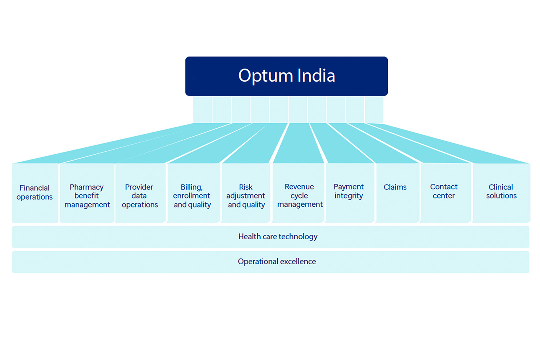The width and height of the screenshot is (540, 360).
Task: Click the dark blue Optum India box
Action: tap(286, 76)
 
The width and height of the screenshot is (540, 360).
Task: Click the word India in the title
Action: tap(316, 76)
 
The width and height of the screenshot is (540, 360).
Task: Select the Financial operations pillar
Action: tap(35, 193)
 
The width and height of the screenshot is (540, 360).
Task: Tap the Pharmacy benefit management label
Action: tap(87, 196)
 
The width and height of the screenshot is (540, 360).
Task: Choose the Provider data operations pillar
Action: tap(140, 193)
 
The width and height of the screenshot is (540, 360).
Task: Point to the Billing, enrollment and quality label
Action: tap(192, 196)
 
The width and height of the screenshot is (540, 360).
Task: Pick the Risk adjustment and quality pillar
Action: tap(246, 193)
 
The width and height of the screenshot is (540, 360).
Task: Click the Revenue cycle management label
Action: tap(300, 195)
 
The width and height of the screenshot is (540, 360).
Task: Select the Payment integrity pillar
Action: tap(350, 193)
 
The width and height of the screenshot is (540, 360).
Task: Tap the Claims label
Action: tap(395, 187)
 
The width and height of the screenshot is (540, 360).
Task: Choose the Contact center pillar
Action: tap(445, 193)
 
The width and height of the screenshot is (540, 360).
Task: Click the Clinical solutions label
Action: tap(501, 191)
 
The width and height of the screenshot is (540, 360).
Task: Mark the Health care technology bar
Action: tap(270, 237)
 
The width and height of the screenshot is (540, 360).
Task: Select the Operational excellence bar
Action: tap(270, 262)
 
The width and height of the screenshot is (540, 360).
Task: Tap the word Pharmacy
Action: tap(87, 188)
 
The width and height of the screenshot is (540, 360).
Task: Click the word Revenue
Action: tap(299, 187)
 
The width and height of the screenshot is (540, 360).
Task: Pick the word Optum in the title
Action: tap(265, 76)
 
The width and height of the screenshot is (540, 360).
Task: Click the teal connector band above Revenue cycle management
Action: tap(298, 143)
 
